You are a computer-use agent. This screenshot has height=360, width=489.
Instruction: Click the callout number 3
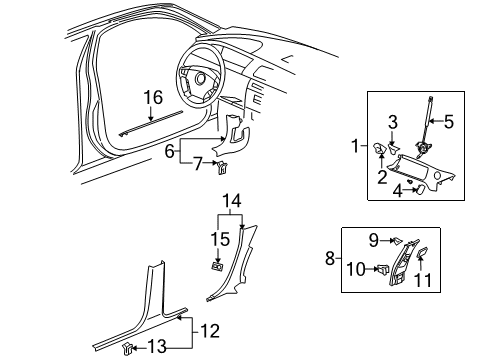(448, 123)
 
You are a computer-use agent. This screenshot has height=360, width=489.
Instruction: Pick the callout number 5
(450, 123)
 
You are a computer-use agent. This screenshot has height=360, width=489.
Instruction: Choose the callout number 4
(399, 191)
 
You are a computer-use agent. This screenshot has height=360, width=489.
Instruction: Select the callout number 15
(221, 238)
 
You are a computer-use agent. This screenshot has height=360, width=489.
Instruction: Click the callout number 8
(330, 258)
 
